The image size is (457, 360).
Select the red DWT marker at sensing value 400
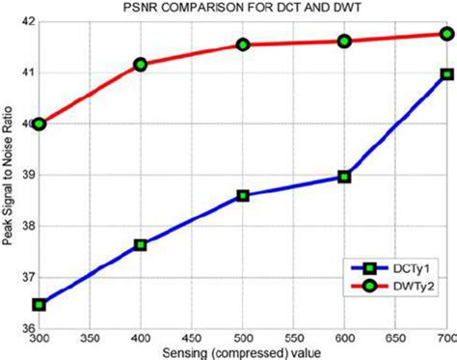click(141, 65)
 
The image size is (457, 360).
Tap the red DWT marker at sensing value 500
click(243, 44)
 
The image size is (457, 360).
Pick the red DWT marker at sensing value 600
click(344, 42)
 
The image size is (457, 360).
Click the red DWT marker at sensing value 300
click(40, 124)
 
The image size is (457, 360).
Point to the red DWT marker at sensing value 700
click(446, 34)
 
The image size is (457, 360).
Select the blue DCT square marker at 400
click(141, 245)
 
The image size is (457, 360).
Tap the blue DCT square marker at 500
click(243, 195)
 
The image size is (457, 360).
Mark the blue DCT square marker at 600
click(344, 177)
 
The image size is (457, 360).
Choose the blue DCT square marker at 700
click(446, 74)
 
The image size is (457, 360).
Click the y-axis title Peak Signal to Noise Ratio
click(9, 175)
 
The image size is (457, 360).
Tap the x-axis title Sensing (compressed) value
click(243, 352)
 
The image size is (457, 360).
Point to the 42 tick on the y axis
click(26, 21)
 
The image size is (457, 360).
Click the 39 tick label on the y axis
click(26, 176)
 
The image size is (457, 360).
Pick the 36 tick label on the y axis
click(26, 329)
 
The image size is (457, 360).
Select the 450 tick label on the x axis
click(192, 340)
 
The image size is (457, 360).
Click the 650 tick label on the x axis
click(395, 340)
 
